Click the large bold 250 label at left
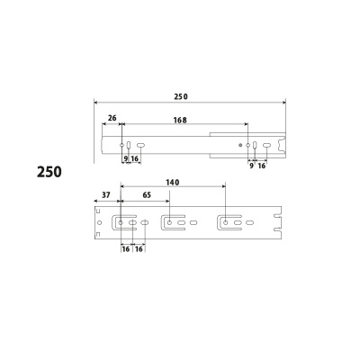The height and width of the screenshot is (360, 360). click(x=49, y=172)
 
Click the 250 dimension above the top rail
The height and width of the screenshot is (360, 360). click(x=181, y=96)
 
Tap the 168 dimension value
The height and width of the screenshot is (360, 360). click(x=180, y=120)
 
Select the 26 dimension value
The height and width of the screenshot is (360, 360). click(x=112, y=118)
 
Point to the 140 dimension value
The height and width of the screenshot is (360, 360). click(x=172, y=183)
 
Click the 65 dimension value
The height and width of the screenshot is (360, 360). click(x=147, y=195)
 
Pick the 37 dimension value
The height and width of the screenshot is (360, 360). click(x=106, y=195)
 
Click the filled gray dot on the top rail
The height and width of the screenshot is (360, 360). click(x=240, y=145)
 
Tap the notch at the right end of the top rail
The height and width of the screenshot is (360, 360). click(x=281, y=145)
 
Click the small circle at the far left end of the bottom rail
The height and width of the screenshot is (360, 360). click(x=100, y=222)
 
